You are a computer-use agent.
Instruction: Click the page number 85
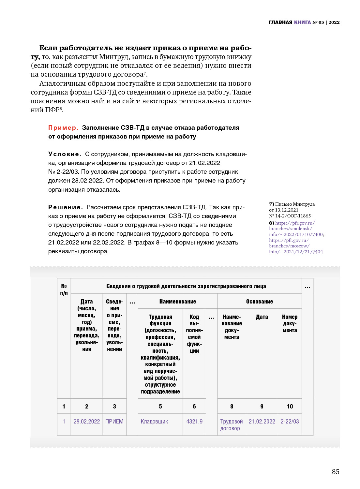[336, 471]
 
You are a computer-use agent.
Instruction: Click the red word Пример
[63, 128]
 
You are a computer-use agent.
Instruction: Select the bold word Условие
[64, 154]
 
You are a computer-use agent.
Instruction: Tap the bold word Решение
[65, 207]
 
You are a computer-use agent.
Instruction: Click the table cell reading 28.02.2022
[87, 422]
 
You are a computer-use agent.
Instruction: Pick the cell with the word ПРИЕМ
[114, 422]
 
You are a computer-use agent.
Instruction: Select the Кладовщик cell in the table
[154, 422]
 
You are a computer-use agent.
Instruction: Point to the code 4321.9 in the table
[194, 422]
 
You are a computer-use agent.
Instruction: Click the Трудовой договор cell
[231, 425]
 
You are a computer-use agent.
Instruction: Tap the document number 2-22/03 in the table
[290, 422]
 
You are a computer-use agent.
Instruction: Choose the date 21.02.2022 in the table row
[262, 422]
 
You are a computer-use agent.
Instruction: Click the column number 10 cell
[290, 407]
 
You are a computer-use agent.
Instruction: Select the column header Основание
[260, 302]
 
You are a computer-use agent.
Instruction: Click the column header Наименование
[178, 302]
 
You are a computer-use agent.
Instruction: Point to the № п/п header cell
[64, 289]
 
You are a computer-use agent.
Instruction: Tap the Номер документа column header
[290, 323]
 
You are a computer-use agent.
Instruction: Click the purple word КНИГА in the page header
[302, 22]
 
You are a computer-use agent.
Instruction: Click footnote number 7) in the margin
[271, 204]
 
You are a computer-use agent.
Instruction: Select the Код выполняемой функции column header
[194, 333]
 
